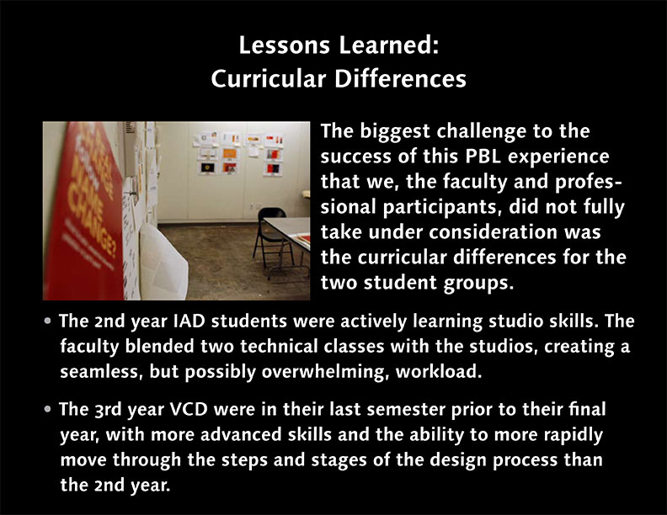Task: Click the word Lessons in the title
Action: tap(284, 45)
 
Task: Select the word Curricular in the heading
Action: tap(269, 78)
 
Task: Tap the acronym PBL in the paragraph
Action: tap(483, 157)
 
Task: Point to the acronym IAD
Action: tap(189, 321)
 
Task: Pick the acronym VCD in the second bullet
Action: tap(189, 409)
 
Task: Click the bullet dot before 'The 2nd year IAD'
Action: tap(48, 321)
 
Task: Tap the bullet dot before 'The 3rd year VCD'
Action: tap(48, 409)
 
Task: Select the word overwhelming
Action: tap(324, 372)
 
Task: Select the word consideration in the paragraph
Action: tap(494, 232)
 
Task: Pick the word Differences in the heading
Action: tap(400, 78)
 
